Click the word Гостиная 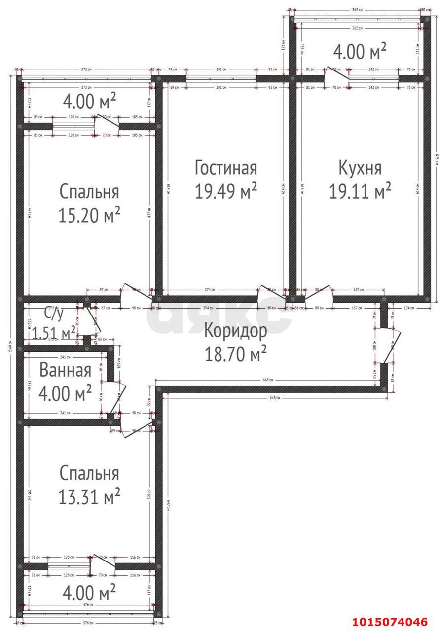click(x=226, y=167)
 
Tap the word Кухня click(x=360, y=167)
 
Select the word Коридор click(x=236, y=330)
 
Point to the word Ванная click(x=65, y=370)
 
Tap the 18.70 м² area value click(x=236, y=353)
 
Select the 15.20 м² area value click(x=89, y=214)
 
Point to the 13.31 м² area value click(x=89, y=497)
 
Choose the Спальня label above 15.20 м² click(x=89, y=191)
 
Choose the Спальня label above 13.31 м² click(x=89, y=473)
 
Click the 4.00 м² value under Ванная click(x=65, y=393)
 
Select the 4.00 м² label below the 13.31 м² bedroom click(x=89, y=590)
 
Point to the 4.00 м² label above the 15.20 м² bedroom click(x=89, y=101)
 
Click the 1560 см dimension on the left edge click(x=10, y=345)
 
